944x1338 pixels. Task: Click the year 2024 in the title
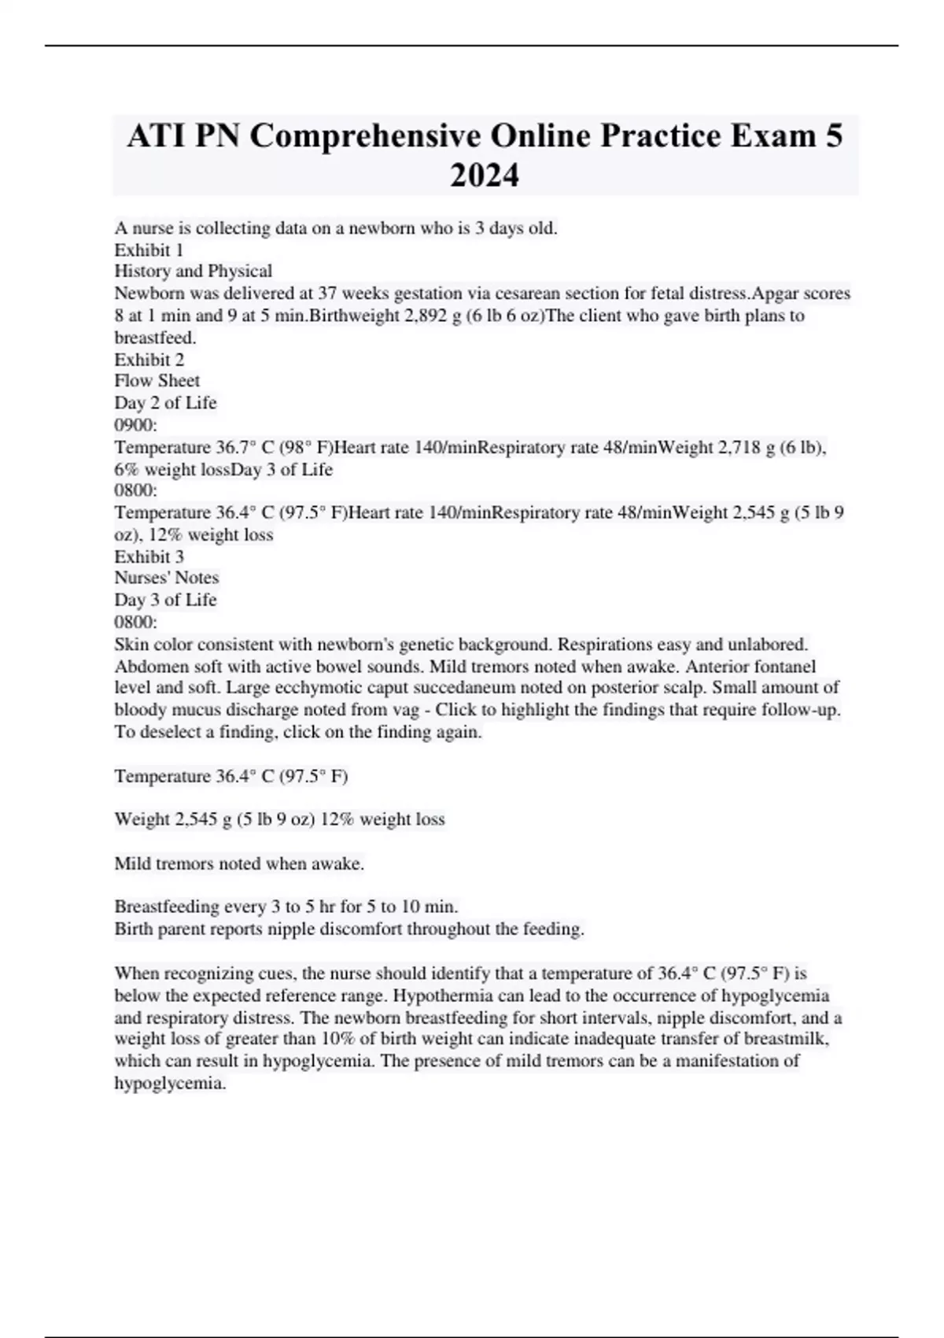point(485,175)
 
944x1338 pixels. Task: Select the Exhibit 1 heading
point(149,250)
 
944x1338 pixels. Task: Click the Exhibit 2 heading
point(149,360)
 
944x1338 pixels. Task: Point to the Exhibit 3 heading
point(149,556)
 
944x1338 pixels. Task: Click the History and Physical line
point(194,272)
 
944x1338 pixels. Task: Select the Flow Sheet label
point(157,381)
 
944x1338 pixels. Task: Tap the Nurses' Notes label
point(167,578)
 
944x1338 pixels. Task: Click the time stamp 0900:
point(136,425)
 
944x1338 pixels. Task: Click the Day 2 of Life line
point(165,403)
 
